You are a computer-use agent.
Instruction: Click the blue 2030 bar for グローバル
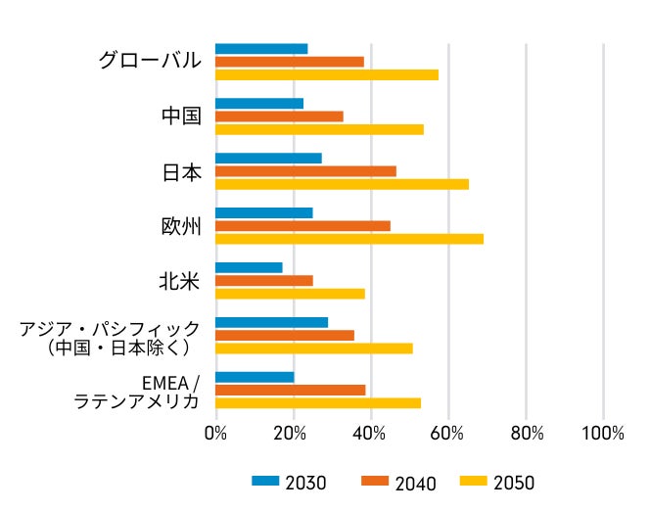261,49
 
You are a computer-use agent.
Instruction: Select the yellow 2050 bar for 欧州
348,239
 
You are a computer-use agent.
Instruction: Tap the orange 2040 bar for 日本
305,171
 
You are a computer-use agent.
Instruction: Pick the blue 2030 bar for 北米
249,267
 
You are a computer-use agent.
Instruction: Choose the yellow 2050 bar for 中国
319,129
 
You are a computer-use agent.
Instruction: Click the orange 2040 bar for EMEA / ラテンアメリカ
290,390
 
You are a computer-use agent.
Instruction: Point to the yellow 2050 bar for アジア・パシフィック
313,348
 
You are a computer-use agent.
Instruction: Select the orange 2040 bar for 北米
263,281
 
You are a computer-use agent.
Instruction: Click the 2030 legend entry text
305,483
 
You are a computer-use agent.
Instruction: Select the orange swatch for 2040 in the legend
375,481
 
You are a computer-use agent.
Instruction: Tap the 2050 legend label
514,483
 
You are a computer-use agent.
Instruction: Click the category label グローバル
150,61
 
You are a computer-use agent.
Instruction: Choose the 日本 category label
181,172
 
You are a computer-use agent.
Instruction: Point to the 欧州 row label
181,227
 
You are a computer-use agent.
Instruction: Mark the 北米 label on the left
180,282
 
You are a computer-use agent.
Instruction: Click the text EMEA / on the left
170,382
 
